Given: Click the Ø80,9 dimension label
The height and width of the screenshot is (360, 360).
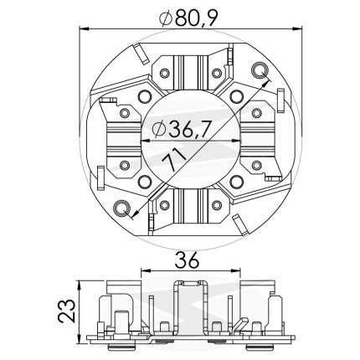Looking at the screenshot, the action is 188,18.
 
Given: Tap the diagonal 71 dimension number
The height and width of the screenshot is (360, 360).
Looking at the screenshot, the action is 173,159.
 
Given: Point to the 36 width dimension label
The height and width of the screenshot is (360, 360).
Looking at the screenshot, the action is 187,260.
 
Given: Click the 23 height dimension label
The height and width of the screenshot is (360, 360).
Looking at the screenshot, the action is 67,311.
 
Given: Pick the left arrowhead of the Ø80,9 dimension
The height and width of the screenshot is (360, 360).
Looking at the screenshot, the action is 84,28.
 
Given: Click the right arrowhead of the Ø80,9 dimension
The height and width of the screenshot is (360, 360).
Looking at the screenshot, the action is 297,28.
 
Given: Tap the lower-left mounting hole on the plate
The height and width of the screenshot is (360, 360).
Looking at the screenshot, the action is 121,208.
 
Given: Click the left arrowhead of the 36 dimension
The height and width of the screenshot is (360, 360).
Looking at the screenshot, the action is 146,270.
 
